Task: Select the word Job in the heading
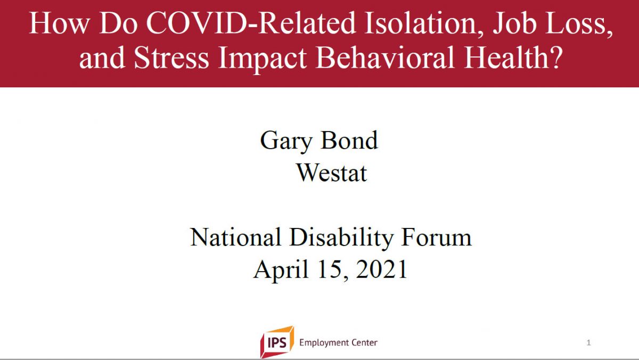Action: [514, 23]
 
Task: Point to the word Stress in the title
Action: [171, 57]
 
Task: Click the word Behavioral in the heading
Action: [385, 57]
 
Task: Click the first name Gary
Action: [286, 141]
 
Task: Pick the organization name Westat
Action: [332, 173]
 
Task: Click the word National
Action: [235, 237]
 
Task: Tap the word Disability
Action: [341, 239]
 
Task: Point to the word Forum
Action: [437, 237]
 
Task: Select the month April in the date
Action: [281, 270]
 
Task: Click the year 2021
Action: [382, 269]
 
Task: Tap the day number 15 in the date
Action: [331, 269]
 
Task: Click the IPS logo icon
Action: [277, 342]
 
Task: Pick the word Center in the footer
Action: [364, 342]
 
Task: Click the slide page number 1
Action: [588, 342]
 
